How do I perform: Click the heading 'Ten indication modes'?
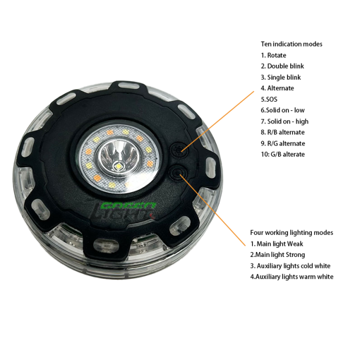(291, 44)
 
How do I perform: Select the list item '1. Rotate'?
(274, 55)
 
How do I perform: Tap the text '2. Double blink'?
(282, 66)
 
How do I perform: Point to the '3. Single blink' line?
(281, 78)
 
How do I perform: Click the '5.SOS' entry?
(270, 100)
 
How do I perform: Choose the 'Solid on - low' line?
(282, 110)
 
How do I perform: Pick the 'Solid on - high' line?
(284, 121)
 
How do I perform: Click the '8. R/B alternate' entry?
(282, 132)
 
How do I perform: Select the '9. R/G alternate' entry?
(283, 143)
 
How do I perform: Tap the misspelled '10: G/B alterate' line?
(282, 155)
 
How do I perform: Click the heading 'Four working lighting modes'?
(291, 233)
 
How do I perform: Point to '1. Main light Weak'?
(276, 244)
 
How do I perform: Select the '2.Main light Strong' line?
(277, 255)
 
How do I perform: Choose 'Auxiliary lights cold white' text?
(290, 266)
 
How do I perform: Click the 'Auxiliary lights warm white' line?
(291, 277)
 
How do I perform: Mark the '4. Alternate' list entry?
(277, 89)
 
